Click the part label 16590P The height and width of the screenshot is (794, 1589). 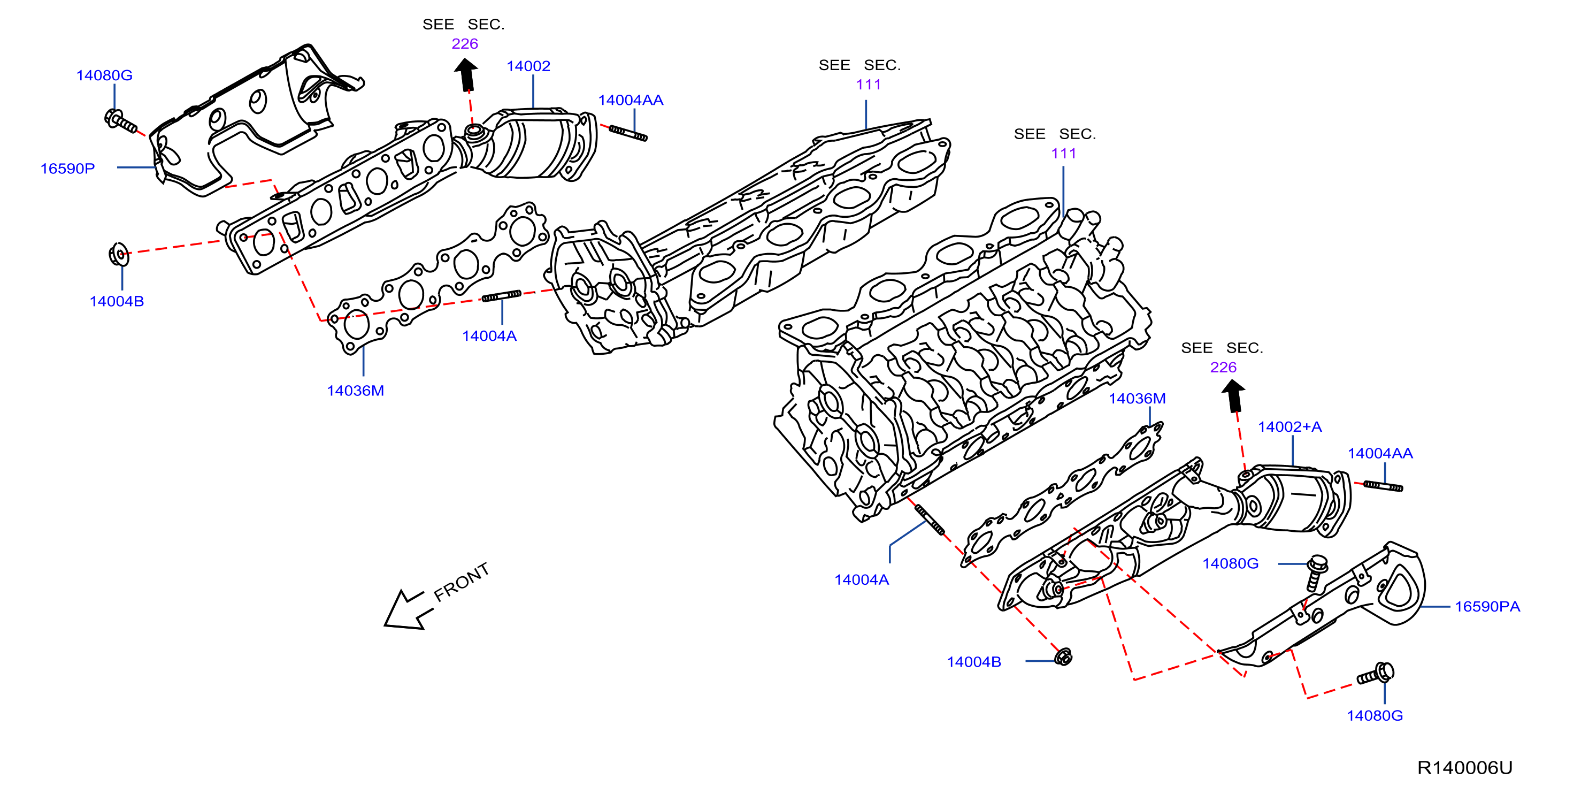[x=67, y=169]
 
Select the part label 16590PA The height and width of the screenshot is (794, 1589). [x=1487, y=606]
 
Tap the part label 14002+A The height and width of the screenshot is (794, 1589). [x=1290, y=427]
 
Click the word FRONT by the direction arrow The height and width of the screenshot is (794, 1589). [x=462, y=582]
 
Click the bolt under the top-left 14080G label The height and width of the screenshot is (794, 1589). [x=121, y=121]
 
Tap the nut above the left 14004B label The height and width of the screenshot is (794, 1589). [x=118, y=254]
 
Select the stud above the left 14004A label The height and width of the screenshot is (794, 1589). [x=501, y=296]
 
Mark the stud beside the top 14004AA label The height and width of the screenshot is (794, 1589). [x=628, y=133]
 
